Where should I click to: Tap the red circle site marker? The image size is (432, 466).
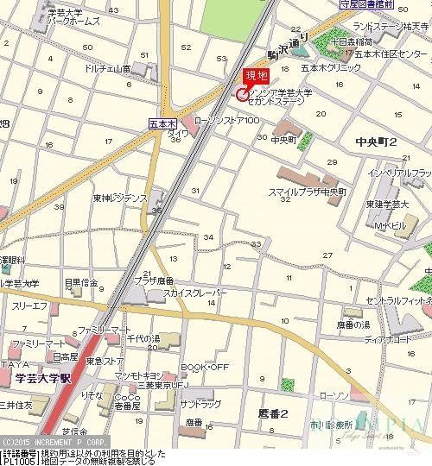coord(241,95)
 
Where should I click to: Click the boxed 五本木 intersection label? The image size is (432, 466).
coord(162,124)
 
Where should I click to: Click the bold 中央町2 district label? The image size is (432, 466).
coord(375,141)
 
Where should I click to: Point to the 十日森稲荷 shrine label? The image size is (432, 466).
coord(377,41)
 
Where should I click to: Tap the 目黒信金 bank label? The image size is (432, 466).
coord(81,281)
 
